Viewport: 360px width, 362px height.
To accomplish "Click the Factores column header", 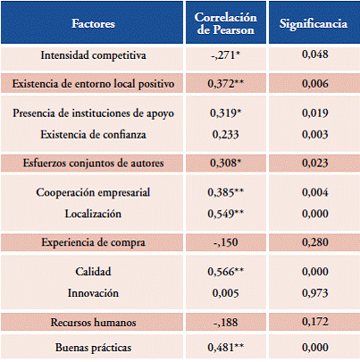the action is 93,23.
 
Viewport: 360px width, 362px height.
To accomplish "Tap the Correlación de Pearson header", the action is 226,23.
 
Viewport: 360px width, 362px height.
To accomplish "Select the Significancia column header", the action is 314,24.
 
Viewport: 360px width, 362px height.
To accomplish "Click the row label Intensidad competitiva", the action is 93,55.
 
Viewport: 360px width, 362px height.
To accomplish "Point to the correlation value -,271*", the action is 225,55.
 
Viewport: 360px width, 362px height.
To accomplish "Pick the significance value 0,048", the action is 315,55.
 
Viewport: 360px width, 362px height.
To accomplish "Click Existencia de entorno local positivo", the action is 93,84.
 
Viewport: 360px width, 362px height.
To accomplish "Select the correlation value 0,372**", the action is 225,84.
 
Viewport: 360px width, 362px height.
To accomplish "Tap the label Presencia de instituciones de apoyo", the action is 93,114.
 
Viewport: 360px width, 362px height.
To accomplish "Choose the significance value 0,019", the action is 315,114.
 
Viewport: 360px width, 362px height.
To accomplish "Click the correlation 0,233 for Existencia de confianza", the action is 225,135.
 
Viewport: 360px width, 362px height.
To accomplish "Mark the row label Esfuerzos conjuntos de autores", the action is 93,164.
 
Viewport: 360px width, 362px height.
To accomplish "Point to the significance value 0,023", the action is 315,164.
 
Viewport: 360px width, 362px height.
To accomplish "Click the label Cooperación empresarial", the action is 93,192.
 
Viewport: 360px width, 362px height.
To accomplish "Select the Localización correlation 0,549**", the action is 225,214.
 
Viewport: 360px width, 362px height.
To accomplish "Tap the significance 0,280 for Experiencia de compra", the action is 315,242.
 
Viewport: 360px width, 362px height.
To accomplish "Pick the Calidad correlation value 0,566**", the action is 225,272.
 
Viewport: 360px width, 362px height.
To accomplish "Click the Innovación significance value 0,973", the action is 315,293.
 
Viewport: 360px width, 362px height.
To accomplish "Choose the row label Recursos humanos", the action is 93,323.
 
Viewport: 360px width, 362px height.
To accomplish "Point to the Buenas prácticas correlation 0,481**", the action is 225,348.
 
